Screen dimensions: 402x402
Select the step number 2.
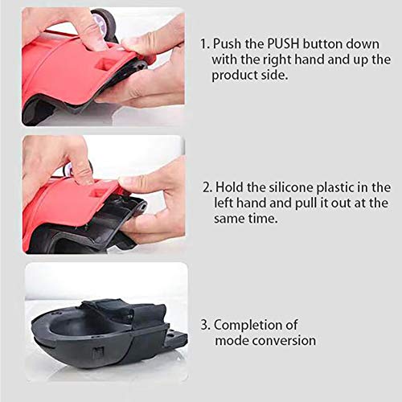pos(207,188)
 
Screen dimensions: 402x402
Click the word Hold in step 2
pos(232,188)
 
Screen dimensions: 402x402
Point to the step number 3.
pos(205,326)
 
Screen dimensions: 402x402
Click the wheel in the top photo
pos(104,21)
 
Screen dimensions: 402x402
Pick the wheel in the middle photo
pos(81,167)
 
